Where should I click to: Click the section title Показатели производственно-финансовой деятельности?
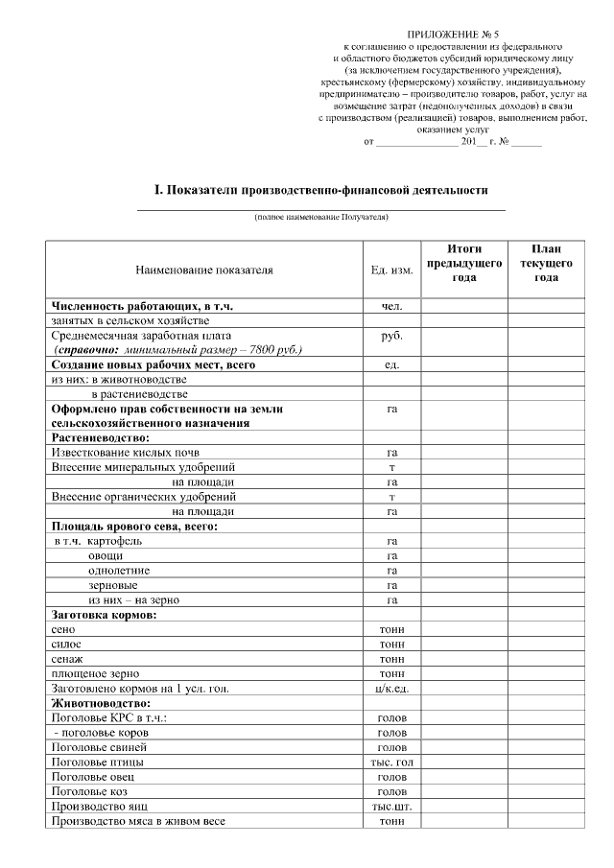point(316,190)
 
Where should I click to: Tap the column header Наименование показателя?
point(204,270)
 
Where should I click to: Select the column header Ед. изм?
point(391,270)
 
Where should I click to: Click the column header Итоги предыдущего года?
point(464,263)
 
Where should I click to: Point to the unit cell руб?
point(391,337)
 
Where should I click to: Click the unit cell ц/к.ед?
point(391,688)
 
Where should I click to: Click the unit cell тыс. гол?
point(391,762)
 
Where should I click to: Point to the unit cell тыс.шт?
point(391,806)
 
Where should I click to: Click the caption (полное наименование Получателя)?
point(321,218)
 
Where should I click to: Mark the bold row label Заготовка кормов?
point(104,615)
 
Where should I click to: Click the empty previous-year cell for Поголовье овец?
point(464,776)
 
